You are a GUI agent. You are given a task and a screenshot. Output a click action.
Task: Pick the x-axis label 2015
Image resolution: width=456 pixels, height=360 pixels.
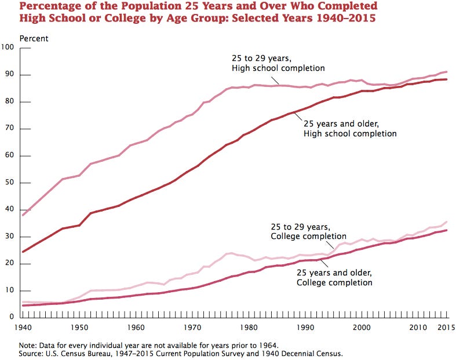(x=444, y=328)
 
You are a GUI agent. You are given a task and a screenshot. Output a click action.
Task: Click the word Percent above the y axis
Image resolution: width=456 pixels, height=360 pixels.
(x=34, y=38)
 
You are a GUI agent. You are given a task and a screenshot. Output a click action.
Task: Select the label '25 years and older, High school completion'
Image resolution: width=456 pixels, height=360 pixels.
(x=349, y=129)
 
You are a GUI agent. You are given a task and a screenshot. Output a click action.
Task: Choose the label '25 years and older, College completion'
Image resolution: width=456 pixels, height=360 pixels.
(x=334, y=278)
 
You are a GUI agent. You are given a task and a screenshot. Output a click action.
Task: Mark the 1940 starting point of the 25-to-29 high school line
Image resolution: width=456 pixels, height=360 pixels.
(x=23, y=215)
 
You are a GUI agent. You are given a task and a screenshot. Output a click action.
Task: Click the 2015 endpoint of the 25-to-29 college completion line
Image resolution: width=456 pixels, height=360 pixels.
(x=446, y=221)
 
